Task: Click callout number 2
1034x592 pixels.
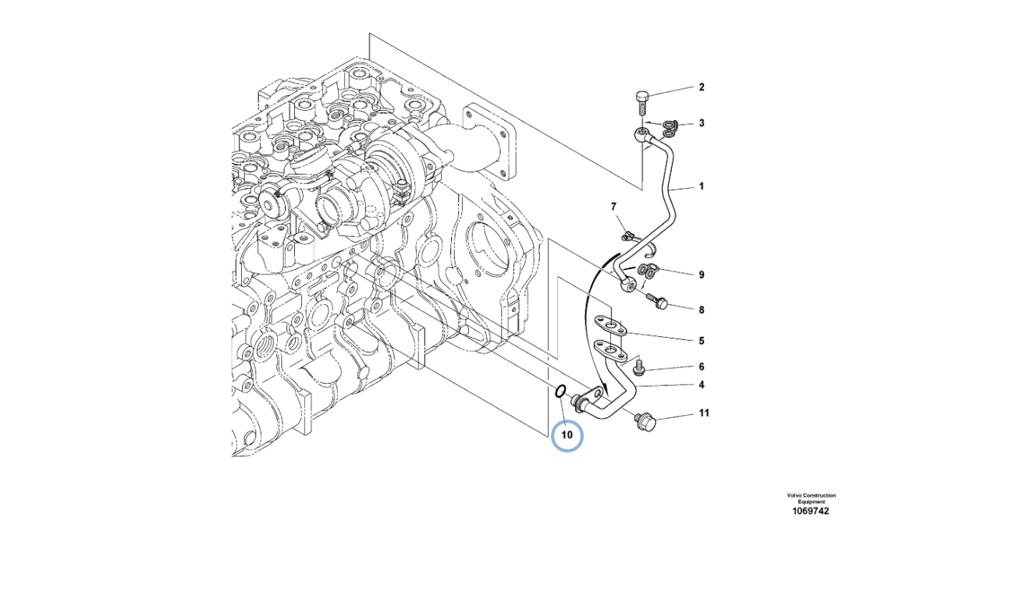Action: coord(701,87)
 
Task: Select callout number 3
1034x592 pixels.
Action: coord(701,123)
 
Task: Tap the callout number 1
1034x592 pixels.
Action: coord(701,186)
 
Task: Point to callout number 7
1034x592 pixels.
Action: coord(613,207)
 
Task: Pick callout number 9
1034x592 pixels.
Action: coord(701,275)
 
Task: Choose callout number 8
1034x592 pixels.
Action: coord(701,310)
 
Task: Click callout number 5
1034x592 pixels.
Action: coord(701,341)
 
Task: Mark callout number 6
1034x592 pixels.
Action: coord(701,367)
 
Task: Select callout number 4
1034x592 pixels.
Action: coord(701,385)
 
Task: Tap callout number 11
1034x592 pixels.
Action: coord(703,413)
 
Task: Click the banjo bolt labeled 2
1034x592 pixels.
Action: coord(641,98)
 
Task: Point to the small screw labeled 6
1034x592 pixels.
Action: coord(639,367)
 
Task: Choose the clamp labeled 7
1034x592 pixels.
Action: coord(626,233)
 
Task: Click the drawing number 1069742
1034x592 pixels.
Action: coord(811,511)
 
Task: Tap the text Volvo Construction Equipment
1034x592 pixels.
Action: coord(811,498)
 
